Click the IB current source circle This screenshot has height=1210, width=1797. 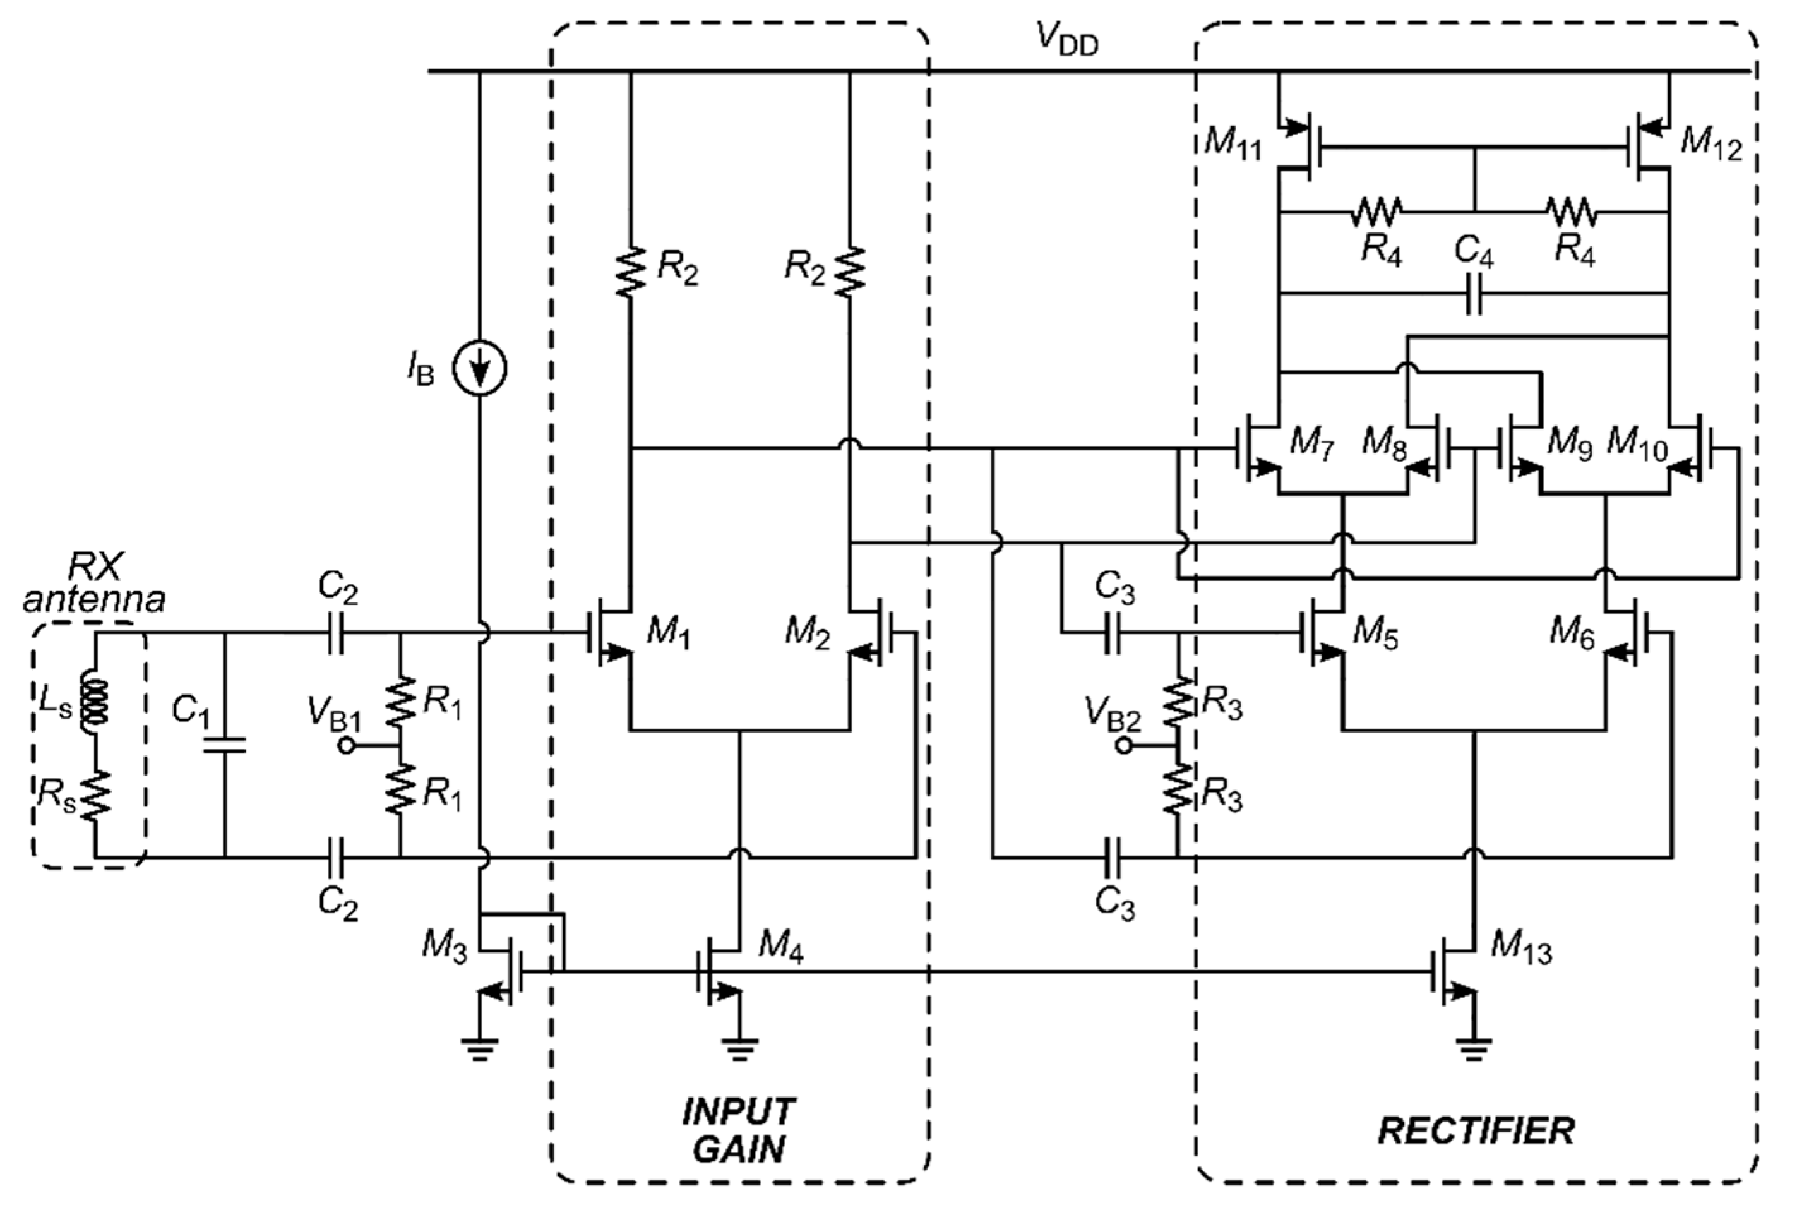479,369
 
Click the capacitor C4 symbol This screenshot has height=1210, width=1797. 1473,293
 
